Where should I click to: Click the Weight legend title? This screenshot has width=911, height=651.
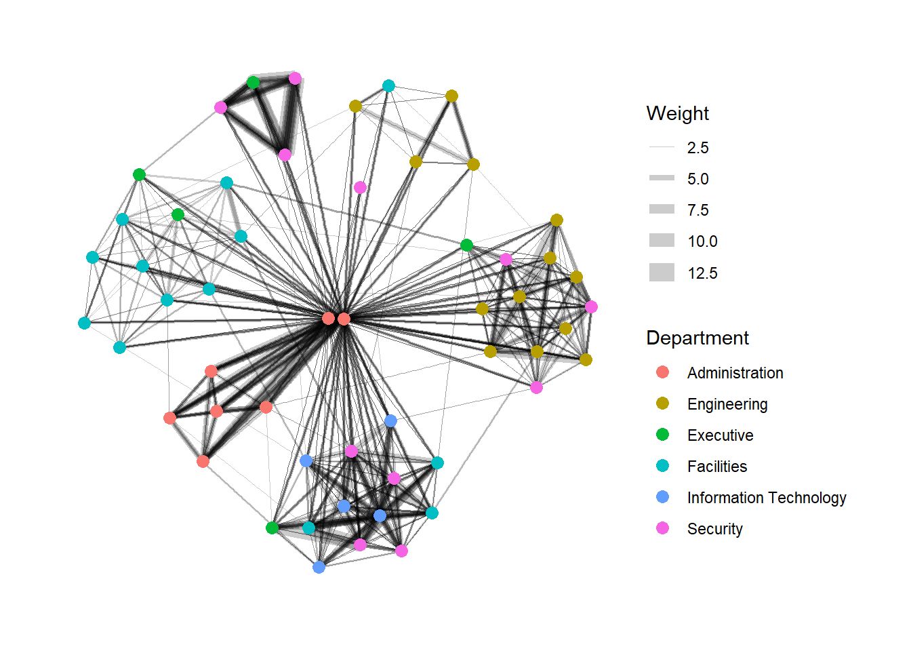point(677,113)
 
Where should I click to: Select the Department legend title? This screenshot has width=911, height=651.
point(697,338)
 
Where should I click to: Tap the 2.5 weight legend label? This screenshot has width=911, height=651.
point(697,148)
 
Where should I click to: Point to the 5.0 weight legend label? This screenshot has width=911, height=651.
point(697,179)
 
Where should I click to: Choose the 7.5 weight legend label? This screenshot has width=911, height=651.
point(697,210)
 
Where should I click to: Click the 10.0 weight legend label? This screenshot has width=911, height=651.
point(702,241)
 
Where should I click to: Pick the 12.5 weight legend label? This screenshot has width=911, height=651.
point(702,273)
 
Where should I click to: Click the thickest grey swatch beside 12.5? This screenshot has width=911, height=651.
point(662,273)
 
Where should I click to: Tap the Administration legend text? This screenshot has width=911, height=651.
point(735,373)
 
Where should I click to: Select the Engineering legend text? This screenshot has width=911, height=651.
point(727,404)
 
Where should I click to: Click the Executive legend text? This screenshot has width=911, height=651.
point(720,435)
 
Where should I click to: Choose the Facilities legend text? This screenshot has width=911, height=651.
point(716,467)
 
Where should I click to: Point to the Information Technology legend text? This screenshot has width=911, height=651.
point(766,498)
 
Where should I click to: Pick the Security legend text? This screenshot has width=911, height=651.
point(714,529)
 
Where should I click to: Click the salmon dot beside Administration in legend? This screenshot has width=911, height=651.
point(662,372)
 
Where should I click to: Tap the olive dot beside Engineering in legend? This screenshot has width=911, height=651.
point(662,403)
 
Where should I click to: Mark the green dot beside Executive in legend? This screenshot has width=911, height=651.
point(662,435)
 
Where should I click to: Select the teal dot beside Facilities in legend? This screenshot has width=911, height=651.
point(662,466)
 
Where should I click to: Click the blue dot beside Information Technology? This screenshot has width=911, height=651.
point(662,497)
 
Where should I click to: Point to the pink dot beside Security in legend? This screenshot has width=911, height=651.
point(662,528)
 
